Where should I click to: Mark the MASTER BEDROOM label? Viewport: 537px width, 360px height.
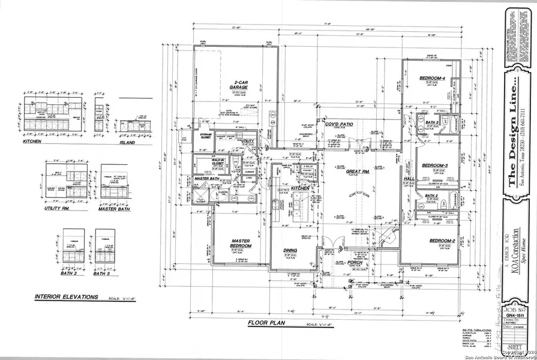[x=241, y=244]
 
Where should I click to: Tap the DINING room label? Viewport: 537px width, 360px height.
[x=291, y=251]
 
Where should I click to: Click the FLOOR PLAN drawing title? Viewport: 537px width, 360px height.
[x=266, y=323]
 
